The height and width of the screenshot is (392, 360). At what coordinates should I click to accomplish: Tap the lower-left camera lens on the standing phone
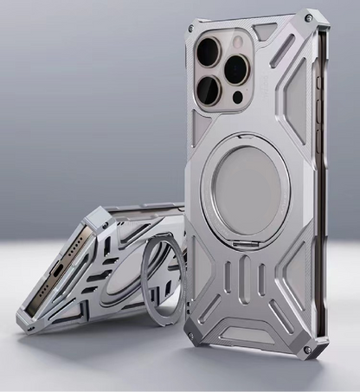[x=210, y=89]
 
